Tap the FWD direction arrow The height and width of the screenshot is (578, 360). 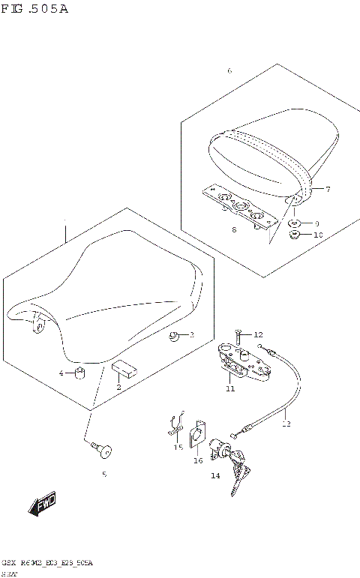click(x=43, y=507)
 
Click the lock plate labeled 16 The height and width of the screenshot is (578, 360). click(x=198, y=434)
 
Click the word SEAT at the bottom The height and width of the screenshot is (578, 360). click(x=10, y=572)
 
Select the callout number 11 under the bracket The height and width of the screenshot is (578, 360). click(x=230, y=388)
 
